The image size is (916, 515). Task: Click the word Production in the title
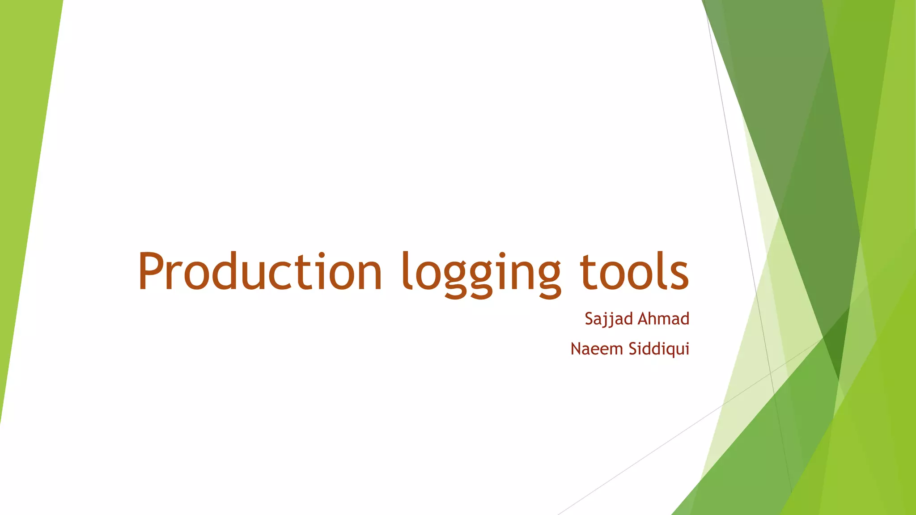coord(259,272)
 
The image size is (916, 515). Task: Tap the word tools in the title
coord(634,272)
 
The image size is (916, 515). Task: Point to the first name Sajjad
coord(609,319)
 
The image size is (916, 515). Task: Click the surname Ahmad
coord(663,319)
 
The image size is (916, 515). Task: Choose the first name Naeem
coord(597,349)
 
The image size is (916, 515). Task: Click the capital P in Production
coord(153,271)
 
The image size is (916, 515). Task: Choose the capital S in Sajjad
coord(589,319)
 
